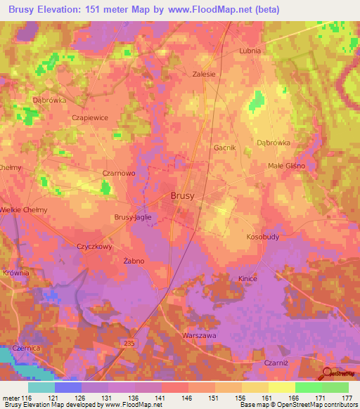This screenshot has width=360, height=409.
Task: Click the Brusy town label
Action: (x=183, y=197)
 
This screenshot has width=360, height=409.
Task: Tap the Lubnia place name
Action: (x=250, y=51)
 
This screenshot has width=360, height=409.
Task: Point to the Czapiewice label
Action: (x=90, y=118)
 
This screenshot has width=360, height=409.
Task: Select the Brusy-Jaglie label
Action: (x=133, y=218)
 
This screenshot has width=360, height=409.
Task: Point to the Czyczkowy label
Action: (x=95, y=247)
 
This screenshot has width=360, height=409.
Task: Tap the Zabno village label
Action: (x=134, y=261)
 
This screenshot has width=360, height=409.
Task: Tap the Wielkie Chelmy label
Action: (x=23, y=209)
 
